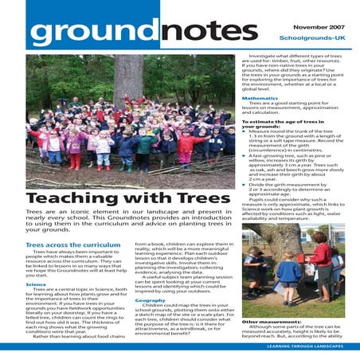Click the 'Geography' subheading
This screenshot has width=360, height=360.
[151, 299]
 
